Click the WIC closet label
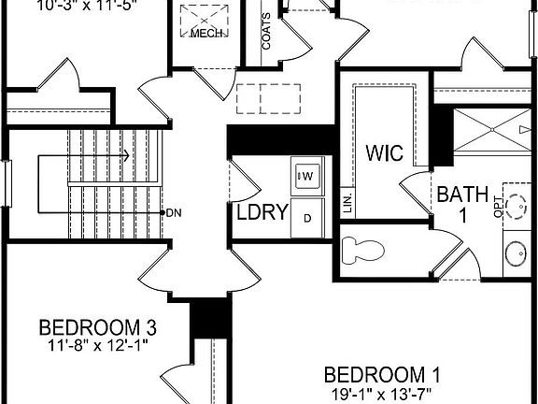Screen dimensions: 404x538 point(383,151)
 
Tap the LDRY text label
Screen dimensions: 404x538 point(262,211)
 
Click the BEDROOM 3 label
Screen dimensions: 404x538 point(97,328)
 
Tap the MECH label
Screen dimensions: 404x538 point(205,34)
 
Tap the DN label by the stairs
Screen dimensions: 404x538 point(174,212)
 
